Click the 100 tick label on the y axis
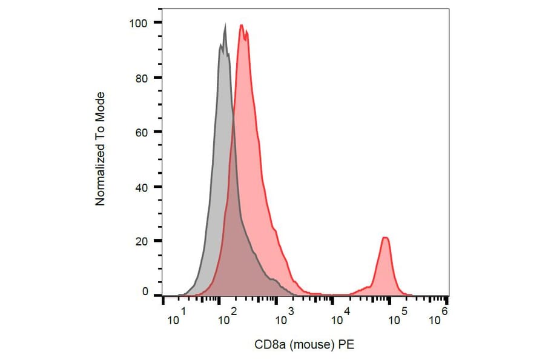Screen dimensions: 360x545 [x=137, y=23]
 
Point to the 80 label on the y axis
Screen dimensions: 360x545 [x=140, y=78]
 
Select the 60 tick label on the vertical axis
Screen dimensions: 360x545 [x=140, y=132]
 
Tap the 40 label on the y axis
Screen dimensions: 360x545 [x=140, y=187]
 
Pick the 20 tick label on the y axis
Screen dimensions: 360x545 [x=140, y=241]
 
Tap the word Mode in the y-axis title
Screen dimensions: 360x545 [x=101, y=105]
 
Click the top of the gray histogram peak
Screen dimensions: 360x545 [x=225, y=25]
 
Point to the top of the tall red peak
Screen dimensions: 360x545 [x=242, y=25]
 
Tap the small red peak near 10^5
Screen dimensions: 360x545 [x=385, y=238]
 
